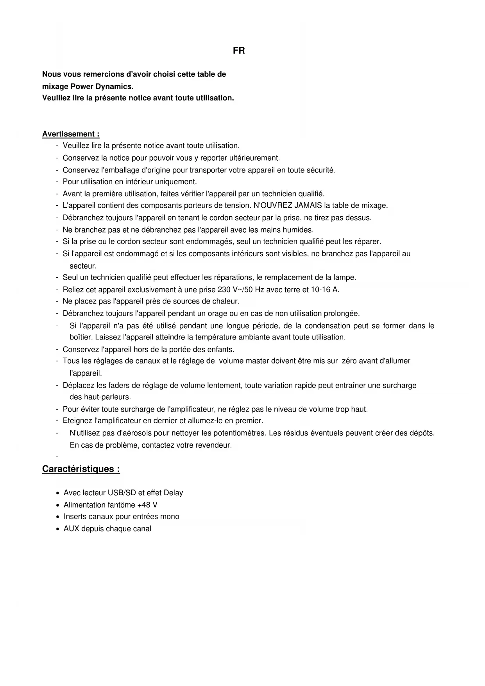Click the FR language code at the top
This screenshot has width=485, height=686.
click(x=239, y=51)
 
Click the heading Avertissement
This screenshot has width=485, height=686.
click(x=70, y=134)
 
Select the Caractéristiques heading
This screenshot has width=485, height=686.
click(x=81, y=469)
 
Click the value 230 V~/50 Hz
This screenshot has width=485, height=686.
click(x=241, y=290)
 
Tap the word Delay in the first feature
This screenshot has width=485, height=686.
click(x=173, y=493)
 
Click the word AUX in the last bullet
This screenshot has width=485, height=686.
click(x=72, y=529)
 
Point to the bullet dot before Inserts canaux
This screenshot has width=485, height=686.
click(x=58, y=517)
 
